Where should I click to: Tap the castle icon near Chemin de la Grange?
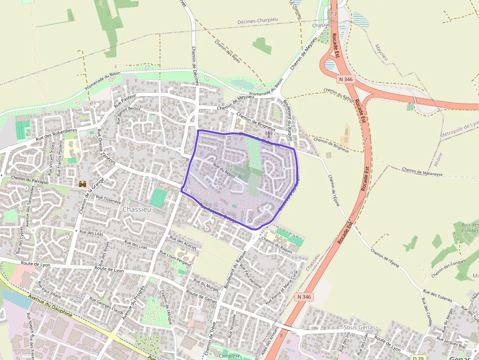click(x=83, y=184)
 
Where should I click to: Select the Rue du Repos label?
click(x=224, y=170)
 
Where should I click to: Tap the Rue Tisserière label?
click(x=108, y=200)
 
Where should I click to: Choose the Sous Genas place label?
click(x=360, y=327)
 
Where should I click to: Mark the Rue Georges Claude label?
click(x=107, y=305)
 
